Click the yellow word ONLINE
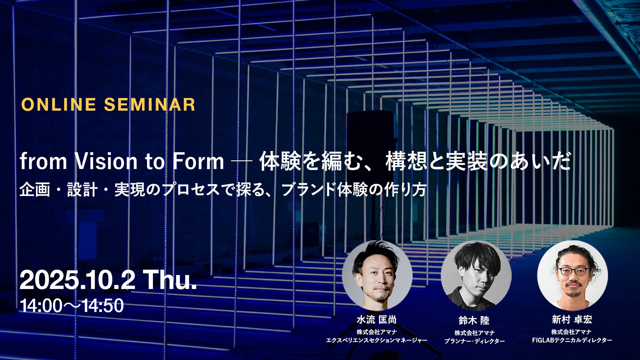click(x=58, y=104)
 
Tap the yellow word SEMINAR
click(x=150, y=104)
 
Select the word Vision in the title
click(x=106, y=162)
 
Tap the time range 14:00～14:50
click(x=72, y=306)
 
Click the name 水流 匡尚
click(x=377, y=320)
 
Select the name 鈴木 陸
click(x=474, y=321)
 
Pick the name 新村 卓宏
click(x=572, y=320)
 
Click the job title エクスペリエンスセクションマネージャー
click(x=377, y=340)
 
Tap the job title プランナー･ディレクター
click(x=474, y=341)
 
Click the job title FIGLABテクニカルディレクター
click(x=572, y=340)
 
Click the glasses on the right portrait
click(x=573, y=271)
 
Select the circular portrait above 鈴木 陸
click(x=476, y=276)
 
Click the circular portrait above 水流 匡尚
click(x=377, y=276)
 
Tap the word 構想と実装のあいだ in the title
click(x=478, y=162)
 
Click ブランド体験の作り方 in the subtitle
click(x=354, y=190)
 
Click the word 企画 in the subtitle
click(x=35, y=190)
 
